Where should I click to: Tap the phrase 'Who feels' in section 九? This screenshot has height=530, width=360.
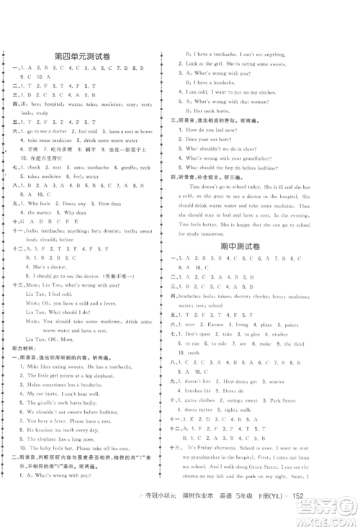39,205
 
